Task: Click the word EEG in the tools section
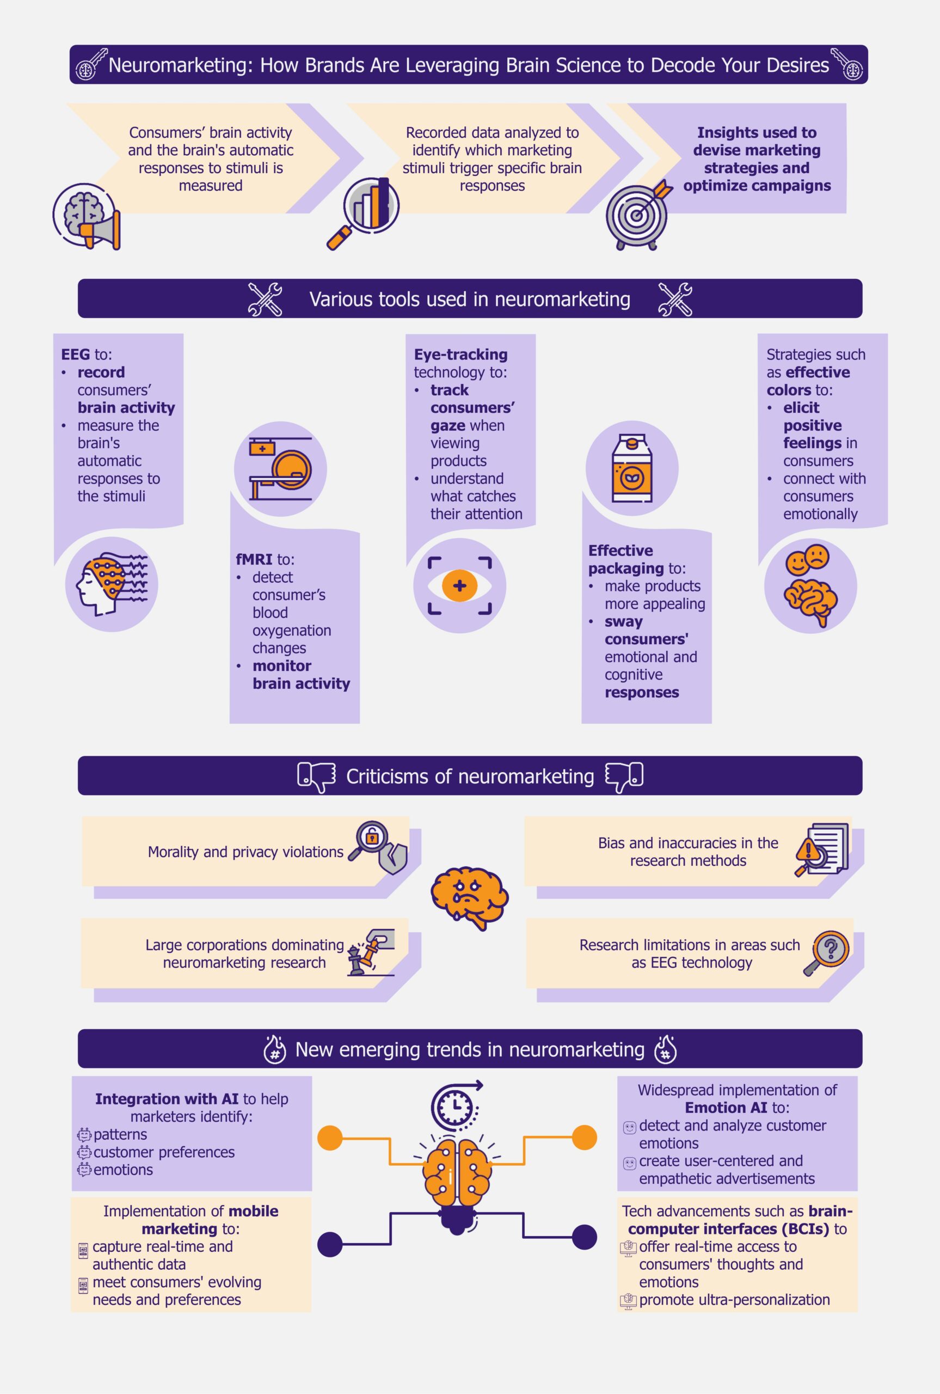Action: [x=76, y=354]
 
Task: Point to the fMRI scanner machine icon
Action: [x=280, y=468]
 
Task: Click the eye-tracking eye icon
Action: [x=460, y=585]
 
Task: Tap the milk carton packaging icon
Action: [x=632, y=468]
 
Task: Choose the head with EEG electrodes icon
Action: [x=111, y=583]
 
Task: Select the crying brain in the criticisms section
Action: [x=469, y=896]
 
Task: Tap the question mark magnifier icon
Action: [x=828, y=951]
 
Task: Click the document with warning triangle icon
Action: [x=822, y=849]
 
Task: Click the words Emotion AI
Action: [x=726, y=1108]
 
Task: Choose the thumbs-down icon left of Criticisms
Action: [x=316, y=777]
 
